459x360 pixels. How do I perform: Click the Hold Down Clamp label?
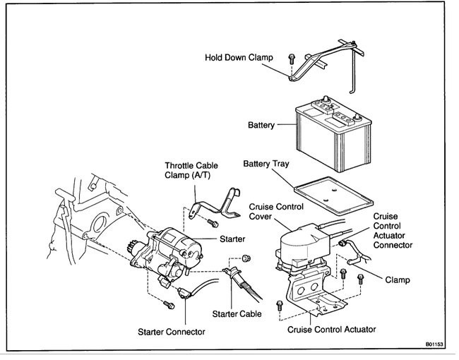coord(238,59)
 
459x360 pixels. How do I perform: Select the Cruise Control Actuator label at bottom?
coord(332,329)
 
